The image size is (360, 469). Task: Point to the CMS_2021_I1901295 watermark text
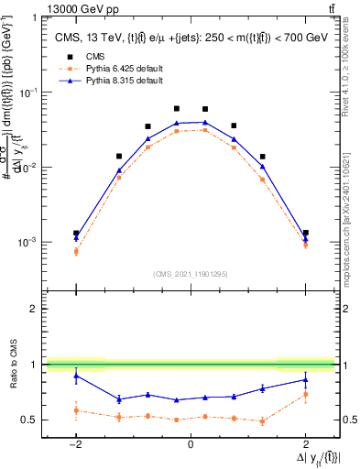[x=190, y=274]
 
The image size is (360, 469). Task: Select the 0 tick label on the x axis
[x=191, y=445]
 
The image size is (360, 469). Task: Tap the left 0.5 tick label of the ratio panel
[x=33, y=420]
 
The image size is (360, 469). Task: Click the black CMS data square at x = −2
[x=76, y=233]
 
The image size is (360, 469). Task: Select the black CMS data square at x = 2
[x=305, y=233]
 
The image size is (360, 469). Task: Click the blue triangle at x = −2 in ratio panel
[x=76, y=375]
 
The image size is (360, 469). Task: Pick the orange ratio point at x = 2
[x=305, y=395]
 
